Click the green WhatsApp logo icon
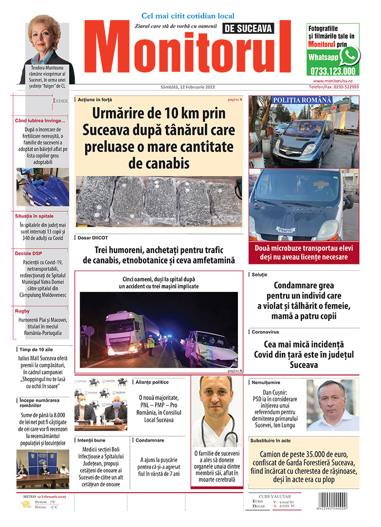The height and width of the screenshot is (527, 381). point(349,55)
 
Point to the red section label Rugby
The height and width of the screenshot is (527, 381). point(23,311)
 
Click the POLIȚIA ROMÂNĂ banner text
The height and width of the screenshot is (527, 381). point(302,100)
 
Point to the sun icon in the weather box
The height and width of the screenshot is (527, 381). point(26,504)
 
